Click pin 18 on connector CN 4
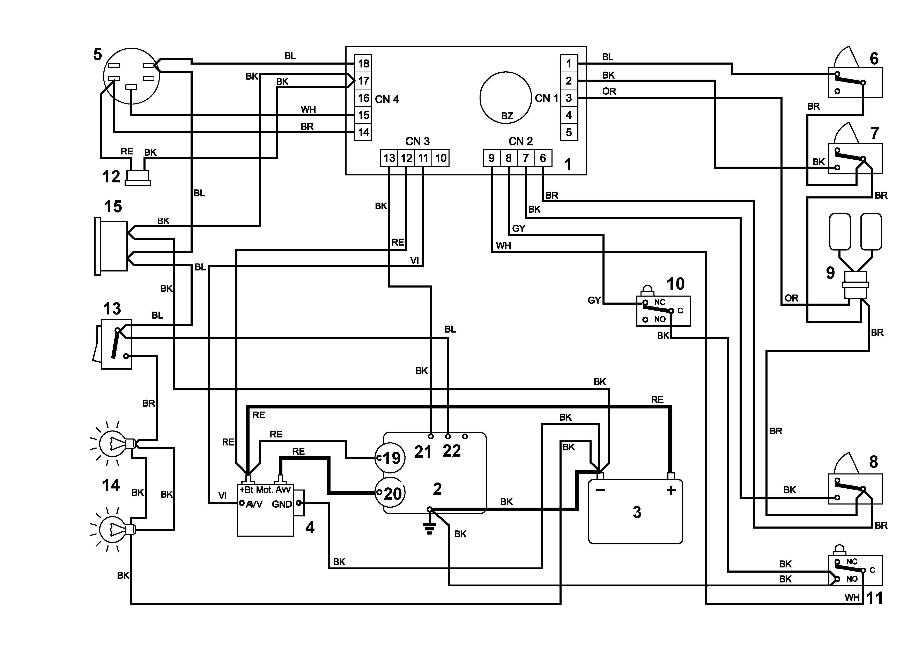pyautogui.click(x=363, y=64)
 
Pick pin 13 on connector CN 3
pyautogui.click(x=389, y=158)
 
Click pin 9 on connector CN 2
pyautogui.click(x=491, y=158)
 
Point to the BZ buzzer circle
pyautogui.click(x=506, y=98)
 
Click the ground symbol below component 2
pyautogui.click(x=429, y=528)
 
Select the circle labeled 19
pyautogui.click(x=390, y=458)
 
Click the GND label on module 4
pyautogui.click(x=282, y=504)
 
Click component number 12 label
pyautogui.click(x=111, y=177)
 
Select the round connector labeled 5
pyautogui.click(x=131, y=76)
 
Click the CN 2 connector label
pyautogui.click(x=521, y=142)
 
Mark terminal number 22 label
pyautogui.click(x=451, y=451)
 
